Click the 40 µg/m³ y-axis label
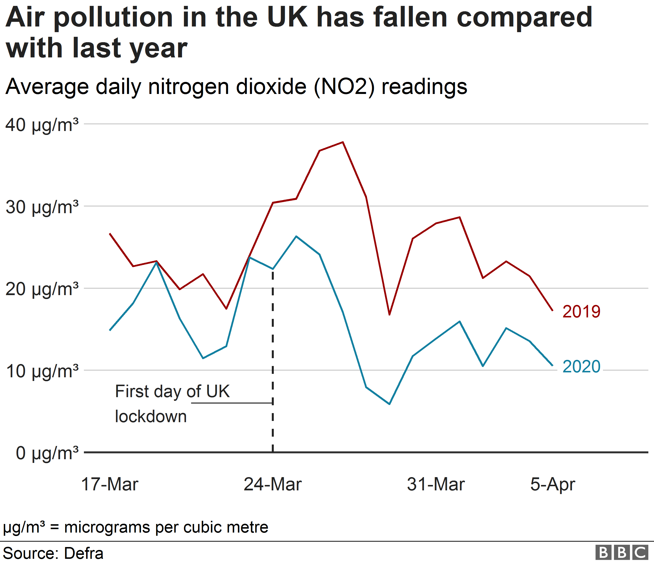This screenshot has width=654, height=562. click(x=42, y=125)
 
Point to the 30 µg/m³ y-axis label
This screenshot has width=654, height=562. click(x=42, y=207)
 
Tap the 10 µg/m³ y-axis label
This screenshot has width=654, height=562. click(x=42, y=371)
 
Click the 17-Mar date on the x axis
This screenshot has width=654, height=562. click(x=109, y=484)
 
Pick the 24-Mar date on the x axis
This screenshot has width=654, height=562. click(x=273, y=484)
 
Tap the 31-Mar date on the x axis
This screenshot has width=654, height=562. click(x=436, y=484)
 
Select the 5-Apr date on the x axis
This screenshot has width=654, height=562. click(x=552, y=484)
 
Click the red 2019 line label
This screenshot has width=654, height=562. click(x=581, y=312)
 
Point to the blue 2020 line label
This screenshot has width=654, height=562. click(x=581, y=367)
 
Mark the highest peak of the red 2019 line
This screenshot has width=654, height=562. click(x=343, y=142)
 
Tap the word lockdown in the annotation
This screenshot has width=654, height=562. click(x=151, y=417)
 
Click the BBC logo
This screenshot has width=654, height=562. click(x=621, y=552)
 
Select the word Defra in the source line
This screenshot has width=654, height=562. click(x=84, y=553)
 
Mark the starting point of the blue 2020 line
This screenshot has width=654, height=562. click(x=110, y=330)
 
